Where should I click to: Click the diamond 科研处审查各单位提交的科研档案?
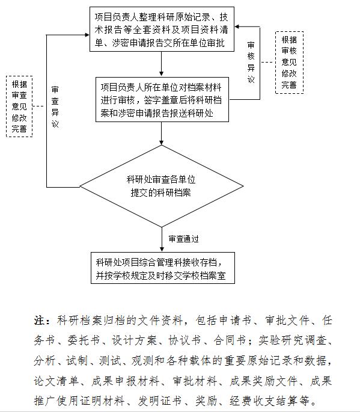(x=161, y=186)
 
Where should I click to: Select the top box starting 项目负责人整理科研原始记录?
(x=162, y=29)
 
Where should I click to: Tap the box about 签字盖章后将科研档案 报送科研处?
(x=162, y=100)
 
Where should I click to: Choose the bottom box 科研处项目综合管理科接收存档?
(x=162, y=268)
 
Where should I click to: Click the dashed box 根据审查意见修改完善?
(x=19, y=106)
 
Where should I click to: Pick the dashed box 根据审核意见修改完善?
(x=289, y=63)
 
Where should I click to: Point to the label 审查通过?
(x=183, y=239)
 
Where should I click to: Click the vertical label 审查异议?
(x=55, y=106)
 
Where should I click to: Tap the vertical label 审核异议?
(x=251, y=63)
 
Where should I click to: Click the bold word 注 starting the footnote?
(x=39, y=321)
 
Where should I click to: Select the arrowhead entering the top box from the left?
(x=87, y=35)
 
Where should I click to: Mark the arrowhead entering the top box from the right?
(x=237, y=27)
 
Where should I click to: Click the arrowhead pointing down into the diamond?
(x=162, y=143)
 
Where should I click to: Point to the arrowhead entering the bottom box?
(x=162, y=250)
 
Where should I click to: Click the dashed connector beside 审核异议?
(x=268, y=63)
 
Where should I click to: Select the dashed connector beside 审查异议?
(x=38, y=106)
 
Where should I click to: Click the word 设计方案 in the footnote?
(x=134, y=340)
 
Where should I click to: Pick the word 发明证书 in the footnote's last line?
(x=160, y=401)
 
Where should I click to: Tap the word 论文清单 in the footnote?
(x=56, y=381)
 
